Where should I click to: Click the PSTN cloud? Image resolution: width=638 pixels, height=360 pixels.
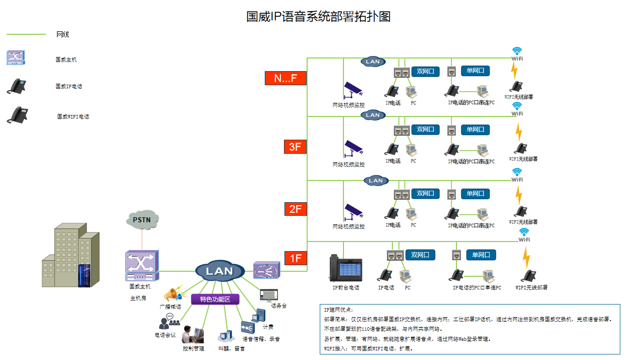click(142, 220)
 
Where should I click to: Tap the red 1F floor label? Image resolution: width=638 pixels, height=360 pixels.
click(296, 259)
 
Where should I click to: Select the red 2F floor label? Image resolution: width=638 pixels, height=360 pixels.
click(296, 208)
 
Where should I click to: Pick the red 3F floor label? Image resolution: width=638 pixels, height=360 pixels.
click(296, 147)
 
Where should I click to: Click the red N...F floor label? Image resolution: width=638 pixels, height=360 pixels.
click(285, 78)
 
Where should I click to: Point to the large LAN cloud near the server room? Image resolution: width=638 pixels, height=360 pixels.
click(220, 271)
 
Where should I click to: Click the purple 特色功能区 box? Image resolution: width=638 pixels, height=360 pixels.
click(215, 299)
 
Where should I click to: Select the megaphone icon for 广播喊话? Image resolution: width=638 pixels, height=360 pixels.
click(171, 294)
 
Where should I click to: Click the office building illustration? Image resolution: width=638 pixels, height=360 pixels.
click(70, 257)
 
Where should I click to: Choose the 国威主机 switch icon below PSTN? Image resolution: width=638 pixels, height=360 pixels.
click(142, 265)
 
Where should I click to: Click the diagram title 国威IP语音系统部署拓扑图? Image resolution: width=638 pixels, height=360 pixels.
click(318, 16)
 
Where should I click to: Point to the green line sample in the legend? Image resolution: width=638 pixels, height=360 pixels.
click(26, 34)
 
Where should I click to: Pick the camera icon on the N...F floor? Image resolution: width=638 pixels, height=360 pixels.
click(353, 90)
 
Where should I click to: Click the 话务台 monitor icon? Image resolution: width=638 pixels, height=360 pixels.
click(268, 295)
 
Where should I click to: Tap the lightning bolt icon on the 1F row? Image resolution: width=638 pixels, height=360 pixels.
click(526, 257)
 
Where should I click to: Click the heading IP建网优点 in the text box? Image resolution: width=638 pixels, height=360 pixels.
click(338, 310)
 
